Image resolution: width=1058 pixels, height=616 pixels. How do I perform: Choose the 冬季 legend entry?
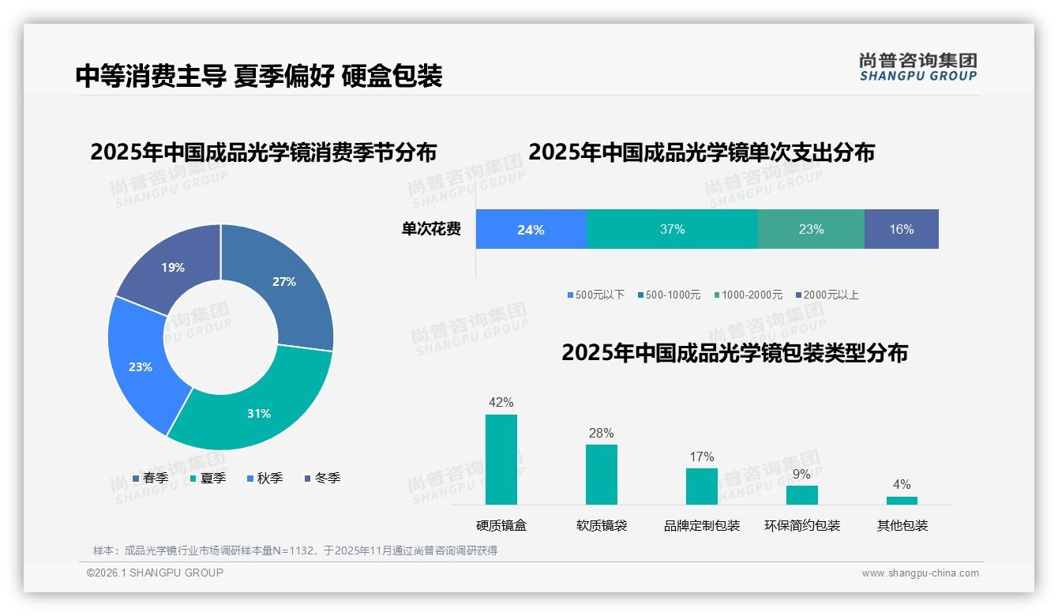(x=322, y=478)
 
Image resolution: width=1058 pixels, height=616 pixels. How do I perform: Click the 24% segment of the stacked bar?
(x=531, y=230)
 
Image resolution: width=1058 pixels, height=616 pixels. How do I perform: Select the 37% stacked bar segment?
(x=672, y=230)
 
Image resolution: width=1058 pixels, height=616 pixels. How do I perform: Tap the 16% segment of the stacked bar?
(x=901, y=230)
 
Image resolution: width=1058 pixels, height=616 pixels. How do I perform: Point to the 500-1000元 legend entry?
(x=669, y=295)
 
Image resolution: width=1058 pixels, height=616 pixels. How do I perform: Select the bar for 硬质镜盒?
(x=501, y=460)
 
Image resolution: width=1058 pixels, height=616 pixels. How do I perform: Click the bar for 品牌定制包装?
(x=701, y=486)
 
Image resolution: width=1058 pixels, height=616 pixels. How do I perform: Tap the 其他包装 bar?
(x=902, y=500)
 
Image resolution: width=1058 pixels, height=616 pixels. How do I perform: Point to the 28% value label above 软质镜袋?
(x=601, y=433)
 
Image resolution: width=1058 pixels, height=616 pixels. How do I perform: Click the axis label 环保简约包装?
(x=802, y=525)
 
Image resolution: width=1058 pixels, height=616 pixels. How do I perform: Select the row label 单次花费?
(x=431, y=230)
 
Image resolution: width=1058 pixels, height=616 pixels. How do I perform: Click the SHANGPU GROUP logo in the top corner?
(x=917, y=66)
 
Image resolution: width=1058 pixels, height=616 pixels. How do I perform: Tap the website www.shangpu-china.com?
(x=920, y=573)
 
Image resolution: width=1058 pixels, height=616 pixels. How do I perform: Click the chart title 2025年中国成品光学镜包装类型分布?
(x=734, y=353)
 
